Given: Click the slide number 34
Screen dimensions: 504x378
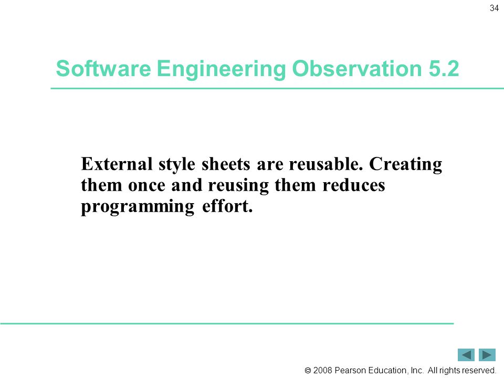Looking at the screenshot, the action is point(494,8).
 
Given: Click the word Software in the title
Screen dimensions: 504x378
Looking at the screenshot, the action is point(103,68).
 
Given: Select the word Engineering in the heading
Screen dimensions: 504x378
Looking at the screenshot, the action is point(222,69).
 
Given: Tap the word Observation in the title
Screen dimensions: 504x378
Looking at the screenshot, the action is point(357,68).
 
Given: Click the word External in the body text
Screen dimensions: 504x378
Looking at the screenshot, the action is point(117,164).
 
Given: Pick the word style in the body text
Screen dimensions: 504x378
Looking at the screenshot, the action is point(177,165).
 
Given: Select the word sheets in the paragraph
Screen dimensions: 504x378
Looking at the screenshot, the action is point(226,164).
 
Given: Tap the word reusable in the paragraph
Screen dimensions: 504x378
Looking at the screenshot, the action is point(325,164).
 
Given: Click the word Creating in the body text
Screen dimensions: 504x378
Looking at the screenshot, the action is point(406,164).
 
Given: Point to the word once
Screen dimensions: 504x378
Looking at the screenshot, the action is point(146,185).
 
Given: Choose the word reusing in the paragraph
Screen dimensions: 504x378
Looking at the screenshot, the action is point(238,186).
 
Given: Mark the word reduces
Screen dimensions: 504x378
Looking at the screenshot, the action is point(353,185).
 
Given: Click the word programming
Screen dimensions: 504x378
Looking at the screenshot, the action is point(138,207).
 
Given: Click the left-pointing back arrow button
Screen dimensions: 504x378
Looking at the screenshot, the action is point(466,355).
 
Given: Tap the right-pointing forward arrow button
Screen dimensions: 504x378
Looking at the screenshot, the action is point(487,355).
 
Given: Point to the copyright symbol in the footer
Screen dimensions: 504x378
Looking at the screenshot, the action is point(308,371).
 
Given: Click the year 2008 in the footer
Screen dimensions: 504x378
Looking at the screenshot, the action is point(322,370).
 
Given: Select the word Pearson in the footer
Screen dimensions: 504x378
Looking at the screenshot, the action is point(350,370).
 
